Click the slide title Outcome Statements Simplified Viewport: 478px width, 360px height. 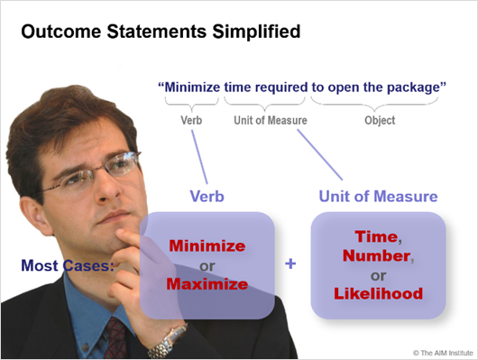[x=159, y=32]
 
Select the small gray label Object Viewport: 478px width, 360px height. [x=380, y=120]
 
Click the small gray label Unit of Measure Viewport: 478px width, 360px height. [x=268, y=120]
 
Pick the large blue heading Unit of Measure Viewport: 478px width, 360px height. [x=379, y=196]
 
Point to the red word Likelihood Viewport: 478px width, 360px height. [x=379, y=295]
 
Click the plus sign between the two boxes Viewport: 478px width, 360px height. [x=290, y=264]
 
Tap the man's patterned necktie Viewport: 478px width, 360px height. [x=115, y=337]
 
